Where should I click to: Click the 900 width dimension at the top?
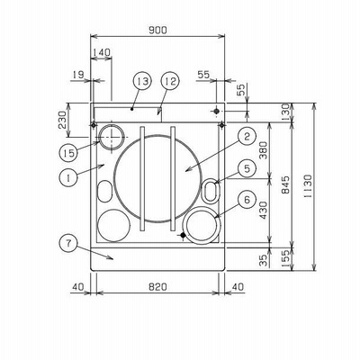(157, 30)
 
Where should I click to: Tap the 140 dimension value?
(101, 52)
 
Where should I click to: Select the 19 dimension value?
(78, 75)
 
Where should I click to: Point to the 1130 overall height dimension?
(308, 186)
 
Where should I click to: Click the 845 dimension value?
(286, 184)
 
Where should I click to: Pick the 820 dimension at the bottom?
(157, 287)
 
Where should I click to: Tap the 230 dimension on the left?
(62, 120)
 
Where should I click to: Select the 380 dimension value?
(263, 151)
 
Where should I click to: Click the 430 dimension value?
(263, 211)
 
